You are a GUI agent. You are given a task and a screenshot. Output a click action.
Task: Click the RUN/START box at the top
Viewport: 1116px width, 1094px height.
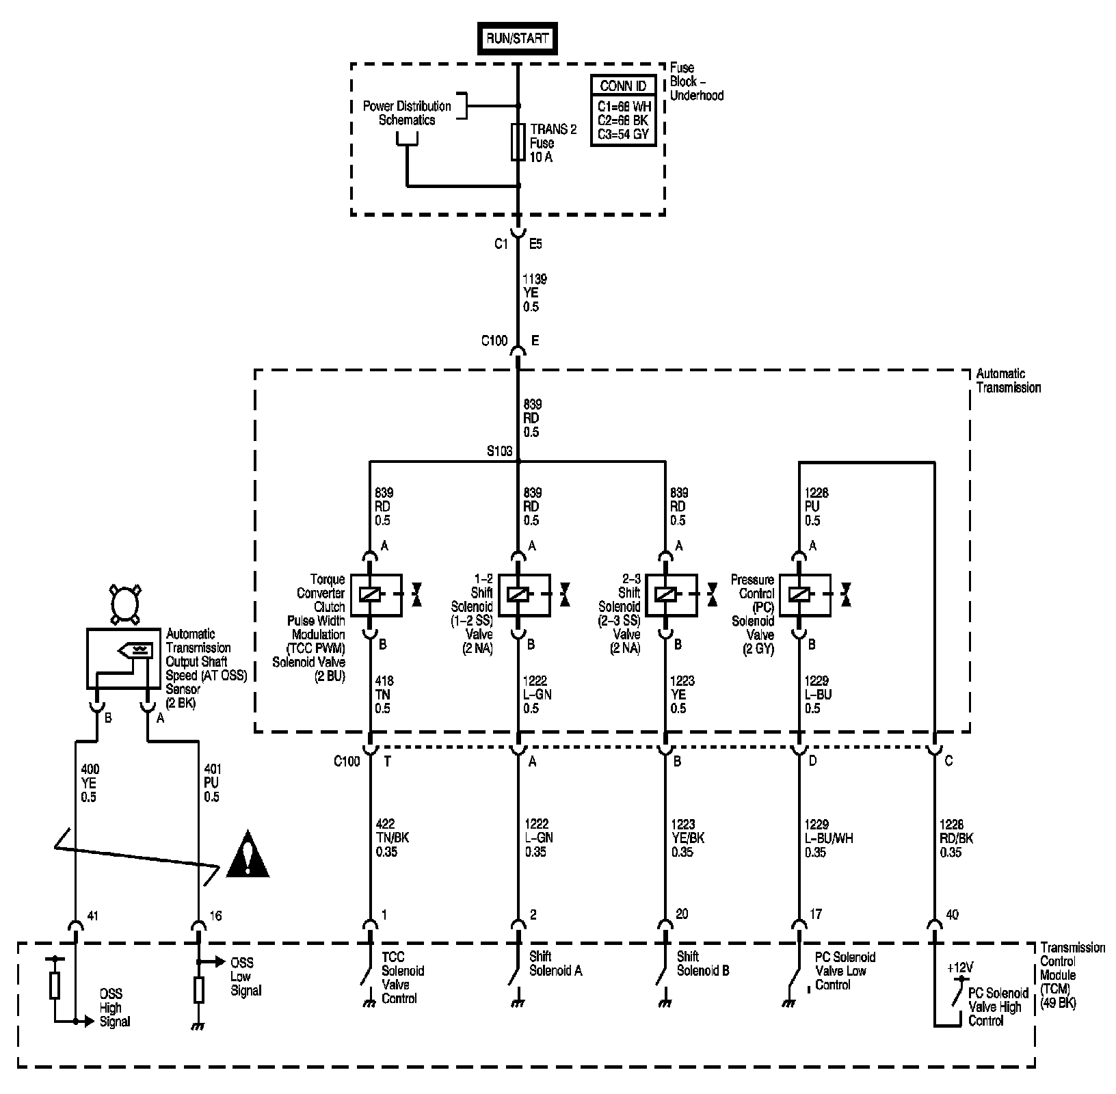[x=517, y=39]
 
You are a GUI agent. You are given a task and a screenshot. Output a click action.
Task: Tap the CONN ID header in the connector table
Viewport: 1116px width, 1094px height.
[x=623, y=86]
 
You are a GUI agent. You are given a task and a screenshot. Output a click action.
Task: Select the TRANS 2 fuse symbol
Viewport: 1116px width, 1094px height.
[x=518, y=142]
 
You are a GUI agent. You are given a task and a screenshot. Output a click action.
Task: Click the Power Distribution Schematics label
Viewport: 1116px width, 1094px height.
[x=407, y=113]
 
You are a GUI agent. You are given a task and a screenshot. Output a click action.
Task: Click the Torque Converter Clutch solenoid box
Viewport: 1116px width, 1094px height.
[x=375, y=594]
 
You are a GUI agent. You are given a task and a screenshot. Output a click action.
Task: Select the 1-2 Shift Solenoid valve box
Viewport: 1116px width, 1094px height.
[x=524, y=594]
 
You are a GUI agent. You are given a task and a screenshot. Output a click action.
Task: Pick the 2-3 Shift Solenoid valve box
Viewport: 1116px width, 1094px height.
[x=672, y=594]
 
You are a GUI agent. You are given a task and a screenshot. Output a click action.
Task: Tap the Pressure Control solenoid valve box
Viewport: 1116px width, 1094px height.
[x=805, y=594]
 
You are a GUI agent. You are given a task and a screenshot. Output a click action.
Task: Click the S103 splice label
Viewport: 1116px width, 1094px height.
[x=499, y=452]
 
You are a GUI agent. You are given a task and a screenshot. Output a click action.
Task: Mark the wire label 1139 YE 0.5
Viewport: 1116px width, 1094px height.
[x=535, y=293]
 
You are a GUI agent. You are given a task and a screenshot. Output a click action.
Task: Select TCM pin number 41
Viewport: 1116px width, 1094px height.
[x=93, y=916]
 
